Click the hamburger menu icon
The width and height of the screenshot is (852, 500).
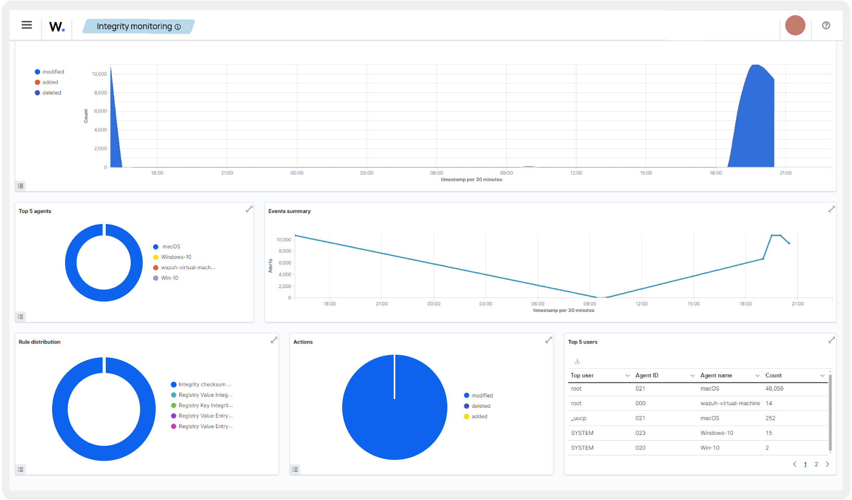(x=27, y=25)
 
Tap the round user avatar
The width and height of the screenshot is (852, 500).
(x=795, y=26)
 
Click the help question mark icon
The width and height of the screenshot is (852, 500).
(x=826, y=26)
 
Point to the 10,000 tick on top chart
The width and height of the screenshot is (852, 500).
(x=99, y=74)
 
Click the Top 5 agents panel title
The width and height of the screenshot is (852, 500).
(x=35, y=211)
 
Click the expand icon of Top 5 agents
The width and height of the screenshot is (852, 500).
(x=249, y=209)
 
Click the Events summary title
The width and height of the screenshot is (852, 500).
(x=289, y=211)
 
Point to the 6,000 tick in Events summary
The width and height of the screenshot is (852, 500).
(x=284, y=263)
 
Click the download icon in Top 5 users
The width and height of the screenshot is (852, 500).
(x=577, y=361)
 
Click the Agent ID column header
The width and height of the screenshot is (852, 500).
(x=647, y=376)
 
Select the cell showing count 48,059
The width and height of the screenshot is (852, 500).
(x=774, y=389)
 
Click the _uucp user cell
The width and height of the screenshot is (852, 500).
(x=579, y=418)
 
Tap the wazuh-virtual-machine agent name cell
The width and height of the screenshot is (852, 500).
(x=730, y=404)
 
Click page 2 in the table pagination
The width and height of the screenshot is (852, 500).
(x=816, y=464)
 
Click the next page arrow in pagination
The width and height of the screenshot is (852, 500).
(x=827, y=464)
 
